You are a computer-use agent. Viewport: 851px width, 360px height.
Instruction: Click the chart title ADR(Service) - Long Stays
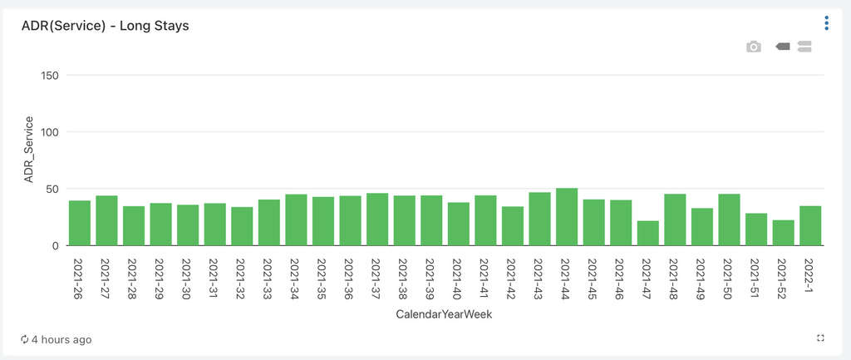tap(106, 26)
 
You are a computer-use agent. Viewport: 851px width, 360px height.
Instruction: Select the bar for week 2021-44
tap(567, 217)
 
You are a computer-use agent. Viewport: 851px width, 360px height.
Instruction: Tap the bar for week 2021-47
tap(648, 234)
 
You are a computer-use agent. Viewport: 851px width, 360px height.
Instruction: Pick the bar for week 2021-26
tap(80, 223)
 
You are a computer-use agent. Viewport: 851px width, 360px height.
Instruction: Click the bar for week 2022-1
tap(810, 226)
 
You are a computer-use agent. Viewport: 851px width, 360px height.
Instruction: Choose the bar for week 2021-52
tap(783, 233)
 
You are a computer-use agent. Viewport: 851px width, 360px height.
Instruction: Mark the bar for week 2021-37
tap(377, 219)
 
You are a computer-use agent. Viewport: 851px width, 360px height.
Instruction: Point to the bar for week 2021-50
tap(729, 219)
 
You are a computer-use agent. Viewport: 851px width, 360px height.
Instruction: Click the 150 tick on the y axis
tap(51, 76)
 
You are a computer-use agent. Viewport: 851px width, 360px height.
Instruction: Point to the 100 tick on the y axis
tap(51, 132)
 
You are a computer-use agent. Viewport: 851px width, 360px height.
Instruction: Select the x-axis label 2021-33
tap(268, 279)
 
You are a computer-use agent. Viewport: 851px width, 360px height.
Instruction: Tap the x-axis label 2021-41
tap(485, 279)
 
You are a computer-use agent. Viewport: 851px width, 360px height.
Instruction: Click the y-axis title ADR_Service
tap(29, 150)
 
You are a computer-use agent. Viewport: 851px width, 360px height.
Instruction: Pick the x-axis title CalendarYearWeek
tap(445, 315)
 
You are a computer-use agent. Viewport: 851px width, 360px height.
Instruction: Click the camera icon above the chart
tap(754, 47)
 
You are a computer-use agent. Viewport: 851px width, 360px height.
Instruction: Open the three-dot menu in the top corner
tap(826, 23)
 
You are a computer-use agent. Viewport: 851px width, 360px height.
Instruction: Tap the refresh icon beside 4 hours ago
tap(25, 339)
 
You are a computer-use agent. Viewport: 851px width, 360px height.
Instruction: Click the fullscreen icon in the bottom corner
tap(820, 338)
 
